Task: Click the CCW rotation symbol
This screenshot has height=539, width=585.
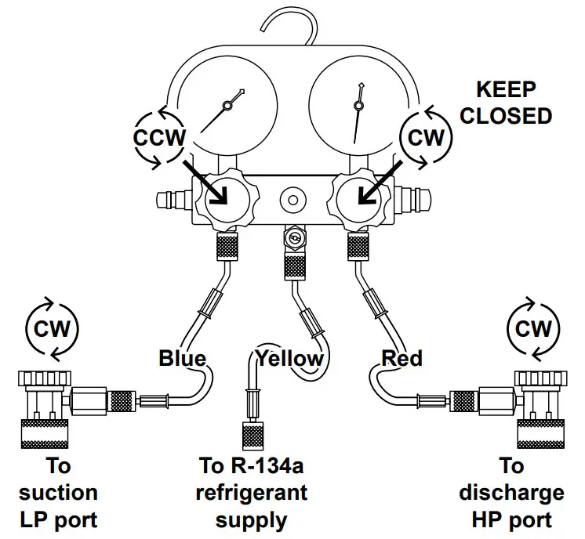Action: tap(160, 138)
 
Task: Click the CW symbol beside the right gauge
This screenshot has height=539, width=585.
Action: tap(427, 138)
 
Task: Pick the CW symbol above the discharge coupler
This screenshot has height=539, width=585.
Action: tap(532, 329)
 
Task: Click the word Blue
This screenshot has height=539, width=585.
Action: tap(182, 359)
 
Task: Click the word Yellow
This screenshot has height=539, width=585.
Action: tap(289, 359)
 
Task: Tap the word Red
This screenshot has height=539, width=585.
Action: tap(402, 359)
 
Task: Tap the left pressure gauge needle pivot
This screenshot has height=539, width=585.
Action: tap(228, 104)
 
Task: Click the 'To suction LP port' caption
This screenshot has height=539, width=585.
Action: tap(58, 493)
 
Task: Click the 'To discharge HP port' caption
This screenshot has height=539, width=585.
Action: tap(511, 493)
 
